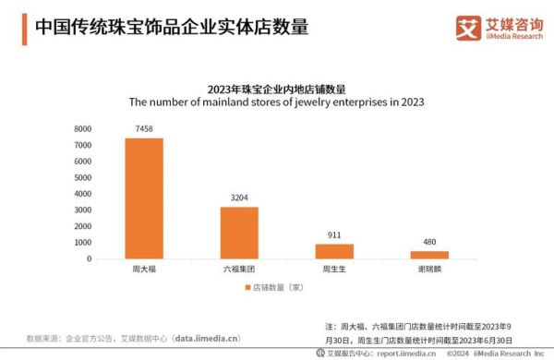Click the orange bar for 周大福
coord(144,198)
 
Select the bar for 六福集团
coord(238,233)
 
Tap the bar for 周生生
coord(334,251)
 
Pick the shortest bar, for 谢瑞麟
coord(428,255)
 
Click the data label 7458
coord(144,129)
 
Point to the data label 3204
coord(238,198)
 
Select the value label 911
coord(334,235)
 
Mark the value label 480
coord(428,243)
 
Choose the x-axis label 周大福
coord(144,270)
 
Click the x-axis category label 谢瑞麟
coord(428,270)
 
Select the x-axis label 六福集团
coord(238,270)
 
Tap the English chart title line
coord(276,102)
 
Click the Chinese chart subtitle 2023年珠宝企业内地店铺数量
coord(276,89)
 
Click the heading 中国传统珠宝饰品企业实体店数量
coord(171,27)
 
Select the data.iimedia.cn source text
coord(202,338)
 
